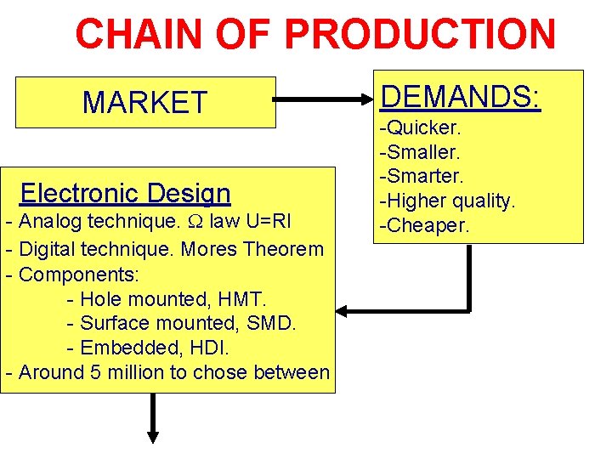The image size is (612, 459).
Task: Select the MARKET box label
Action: [144, 103]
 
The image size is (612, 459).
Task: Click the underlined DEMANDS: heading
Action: [460, 97]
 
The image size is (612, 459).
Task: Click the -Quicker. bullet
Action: [420, 128]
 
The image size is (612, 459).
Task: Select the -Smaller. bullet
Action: [420, 153]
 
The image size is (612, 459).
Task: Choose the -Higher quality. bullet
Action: [447, 201]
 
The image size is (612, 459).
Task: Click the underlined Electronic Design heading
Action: [125, 193]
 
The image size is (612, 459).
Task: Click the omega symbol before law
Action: [195, 224]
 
